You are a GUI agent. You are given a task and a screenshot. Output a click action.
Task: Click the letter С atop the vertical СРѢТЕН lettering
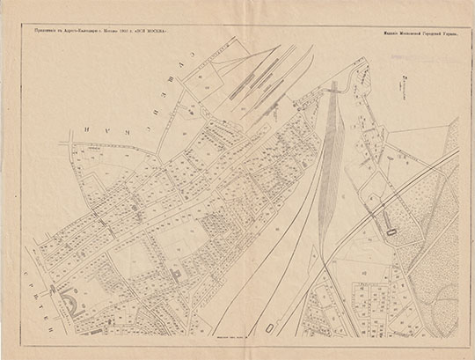(x=36, y=254)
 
